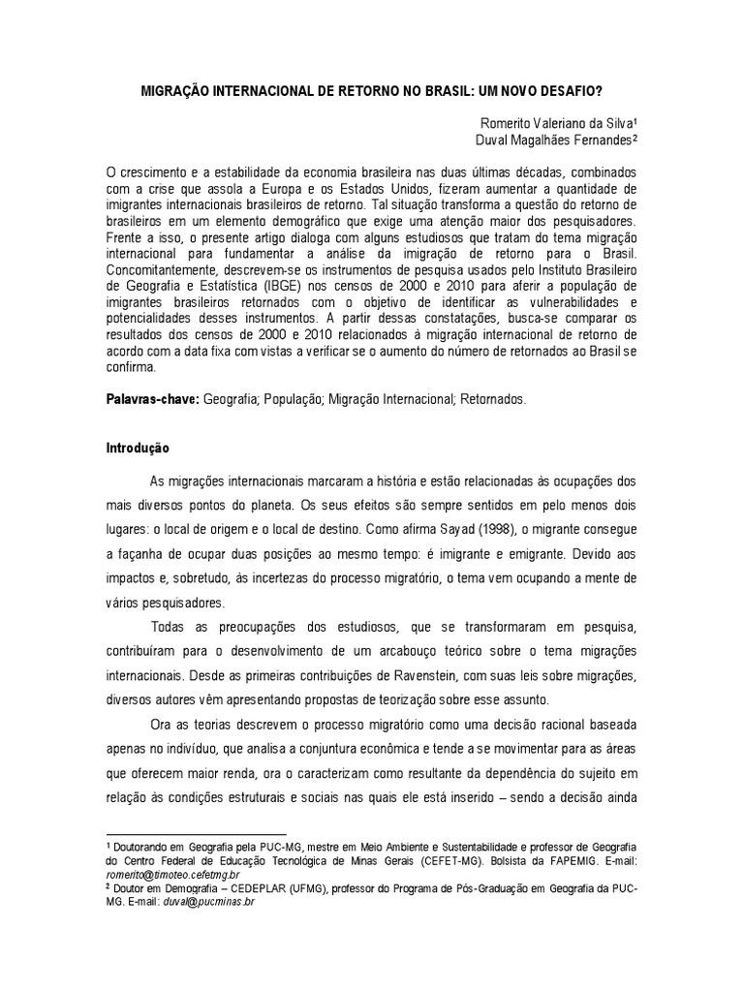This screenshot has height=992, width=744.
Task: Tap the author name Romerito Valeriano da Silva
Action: click(x=557, y=123)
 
